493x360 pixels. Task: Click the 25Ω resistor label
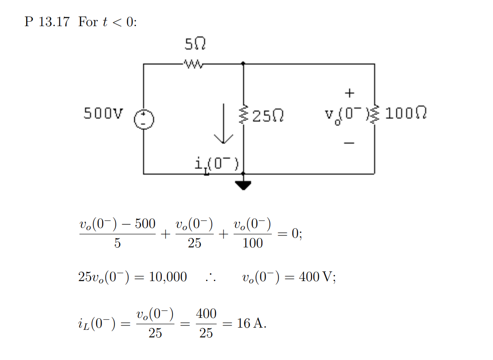pyautogui.click(x=267, y=117)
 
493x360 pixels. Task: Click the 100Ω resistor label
pyautogui.click(x=406, y=114)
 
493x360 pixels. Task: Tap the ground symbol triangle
pyautogui.click(x=243, y=185)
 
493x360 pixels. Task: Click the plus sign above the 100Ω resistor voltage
pyautogui.click(x=350, y=93)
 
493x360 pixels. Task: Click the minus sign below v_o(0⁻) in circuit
pyautogui.click(x=350, y=143)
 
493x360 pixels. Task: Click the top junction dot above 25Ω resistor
pyautogui.click(x=243, y=64)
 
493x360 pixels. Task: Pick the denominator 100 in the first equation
pyautogui.click(x=253, y=243)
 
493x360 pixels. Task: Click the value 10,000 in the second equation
pyautogui.click(x=168, y=277)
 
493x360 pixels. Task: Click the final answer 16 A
pyautogui.click(x=251, y=323)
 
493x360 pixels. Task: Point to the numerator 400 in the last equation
pyautogui.click(x=206, y=314)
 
